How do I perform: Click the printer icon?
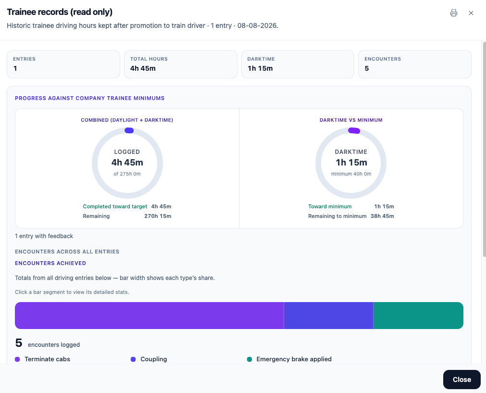[454, 13]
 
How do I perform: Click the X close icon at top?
[471, 13]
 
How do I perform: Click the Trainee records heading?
[60, 12]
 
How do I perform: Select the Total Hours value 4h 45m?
[143, 68]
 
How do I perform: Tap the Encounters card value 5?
[367, 68]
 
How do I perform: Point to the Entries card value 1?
[15, 68]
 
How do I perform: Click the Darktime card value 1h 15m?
[260, 68]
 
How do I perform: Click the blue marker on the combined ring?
[129, 130]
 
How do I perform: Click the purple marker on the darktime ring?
[354, 130]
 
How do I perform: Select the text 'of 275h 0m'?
[127, 174]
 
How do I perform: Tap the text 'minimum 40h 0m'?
[351, 174]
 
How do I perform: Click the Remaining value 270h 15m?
[158, 216]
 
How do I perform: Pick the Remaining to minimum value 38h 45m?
[382, 216]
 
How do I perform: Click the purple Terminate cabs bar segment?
[150, 316]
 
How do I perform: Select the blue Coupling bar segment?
[328, 316]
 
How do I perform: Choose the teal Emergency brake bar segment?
[418, 316]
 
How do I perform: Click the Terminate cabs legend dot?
[17, 359]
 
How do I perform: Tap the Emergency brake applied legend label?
[294, 359]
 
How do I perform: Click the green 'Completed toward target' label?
[115, 206]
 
